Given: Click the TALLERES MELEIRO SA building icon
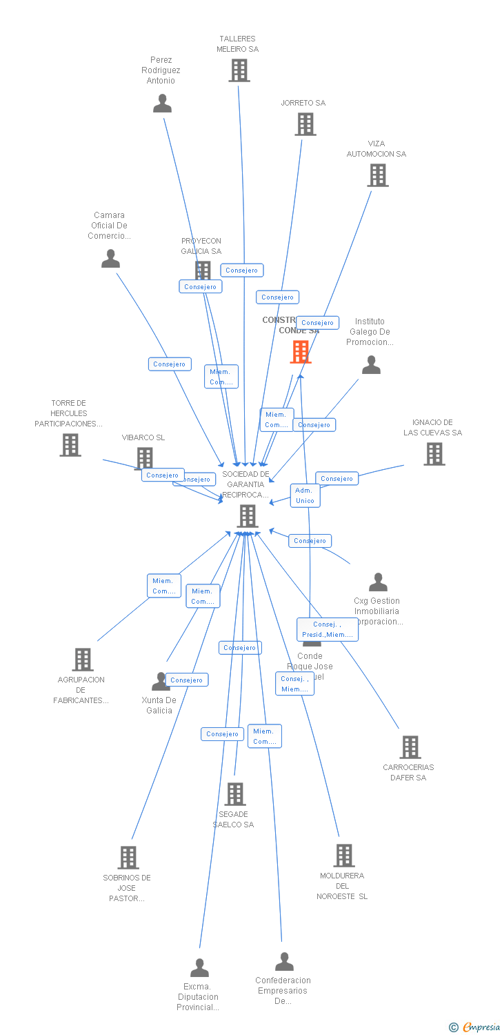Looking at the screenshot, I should (x=239, y=70).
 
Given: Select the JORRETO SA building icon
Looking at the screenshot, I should (x=305, y=124).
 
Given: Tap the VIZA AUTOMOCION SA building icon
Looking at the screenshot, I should (x=377, y=175).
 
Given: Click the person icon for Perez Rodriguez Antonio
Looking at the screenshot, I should (x=162, y=103).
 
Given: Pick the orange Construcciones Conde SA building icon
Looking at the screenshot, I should (x=301, y=352).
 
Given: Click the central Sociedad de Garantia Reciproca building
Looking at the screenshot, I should (x=247, y=515).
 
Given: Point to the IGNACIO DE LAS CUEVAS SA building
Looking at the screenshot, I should (x=434, y=454).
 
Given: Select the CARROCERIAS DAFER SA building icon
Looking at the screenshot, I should (x=410, y=747).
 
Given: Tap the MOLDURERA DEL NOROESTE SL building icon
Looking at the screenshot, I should (x=343, y=856).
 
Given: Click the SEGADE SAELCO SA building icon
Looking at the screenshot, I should (x=235, y=794).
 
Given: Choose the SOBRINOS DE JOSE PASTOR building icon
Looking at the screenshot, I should (x=128, y=858).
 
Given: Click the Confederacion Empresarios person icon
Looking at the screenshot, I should (x=284, y=962).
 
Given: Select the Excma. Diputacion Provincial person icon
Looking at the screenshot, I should (x=199, y=968).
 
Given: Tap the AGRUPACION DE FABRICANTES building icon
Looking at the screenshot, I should (x=83, y=660).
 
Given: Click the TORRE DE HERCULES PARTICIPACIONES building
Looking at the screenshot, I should (x=70, y=445).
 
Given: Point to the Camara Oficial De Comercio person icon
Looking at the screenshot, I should (x=110, y=259).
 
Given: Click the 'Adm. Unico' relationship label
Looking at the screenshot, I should (x=305, y=495).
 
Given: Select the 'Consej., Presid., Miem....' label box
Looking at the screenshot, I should (x=328, y=629).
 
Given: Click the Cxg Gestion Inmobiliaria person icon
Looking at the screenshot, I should (x=378, y=583).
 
